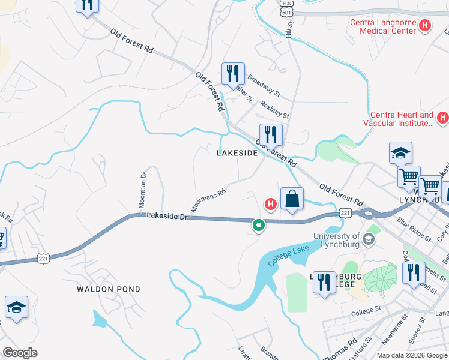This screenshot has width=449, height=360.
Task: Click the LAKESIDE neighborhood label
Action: point(237,153)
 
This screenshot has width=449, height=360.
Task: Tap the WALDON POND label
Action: point(109,289)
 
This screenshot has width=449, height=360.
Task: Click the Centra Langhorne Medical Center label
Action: point(383,26)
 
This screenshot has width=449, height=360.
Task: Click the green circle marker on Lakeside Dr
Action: point(259,226)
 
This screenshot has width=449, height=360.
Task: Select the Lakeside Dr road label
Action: point(167,215)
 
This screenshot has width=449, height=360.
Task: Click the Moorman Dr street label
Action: point(143,191)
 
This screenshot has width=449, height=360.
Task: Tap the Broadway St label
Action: point(264,86)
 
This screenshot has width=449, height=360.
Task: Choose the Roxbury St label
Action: point(275,109)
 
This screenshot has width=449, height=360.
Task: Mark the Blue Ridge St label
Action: point(414,229)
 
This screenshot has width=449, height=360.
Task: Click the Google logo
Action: point(20,352)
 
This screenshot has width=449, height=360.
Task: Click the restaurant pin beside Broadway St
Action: point(232,74)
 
